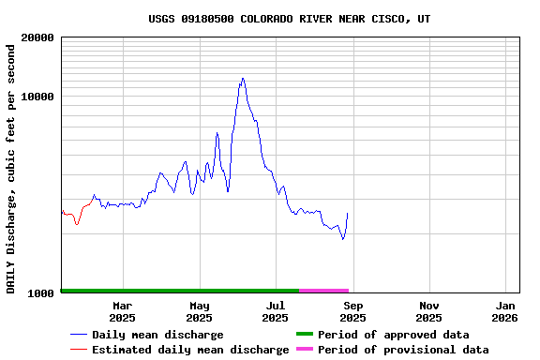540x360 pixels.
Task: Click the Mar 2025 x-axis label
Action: pyautogui.click(x=123, y=311)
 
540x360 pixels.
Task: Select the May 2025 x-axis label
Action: pyautogui.click(x=200, y=311)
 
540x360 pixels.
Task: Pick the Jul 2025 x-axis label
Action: pyautogui.click(x=276, y=311)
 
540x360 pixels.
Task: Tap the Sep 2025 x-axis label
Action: pyautogui.click(x=352, y=311)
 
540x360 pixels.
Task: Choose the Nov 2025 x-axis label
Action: pyautogui.click(x=429, y=311)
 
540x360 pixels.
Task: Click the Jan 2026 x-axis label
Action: pyautogui.click(x=505, y=311)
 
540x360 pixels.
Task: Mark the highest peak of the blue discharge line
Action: pyautogui.click(x=243, y=79)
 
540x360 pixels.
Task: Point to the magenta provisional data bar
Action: pyautogui.click(x=324, y=291)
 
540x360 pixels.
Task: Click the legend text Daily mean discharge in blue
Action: pyautogui.click(x=157, y=335)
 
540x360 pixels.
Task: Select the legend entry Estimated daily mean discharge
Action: pyautogui.click(x=190, y=350)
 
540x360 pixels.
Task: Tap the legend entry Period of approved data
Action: pyautogui.click(x=393, y=335)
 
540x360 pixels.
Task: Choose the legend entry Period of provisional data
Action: pyautogui.click(x=403, y=350)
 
